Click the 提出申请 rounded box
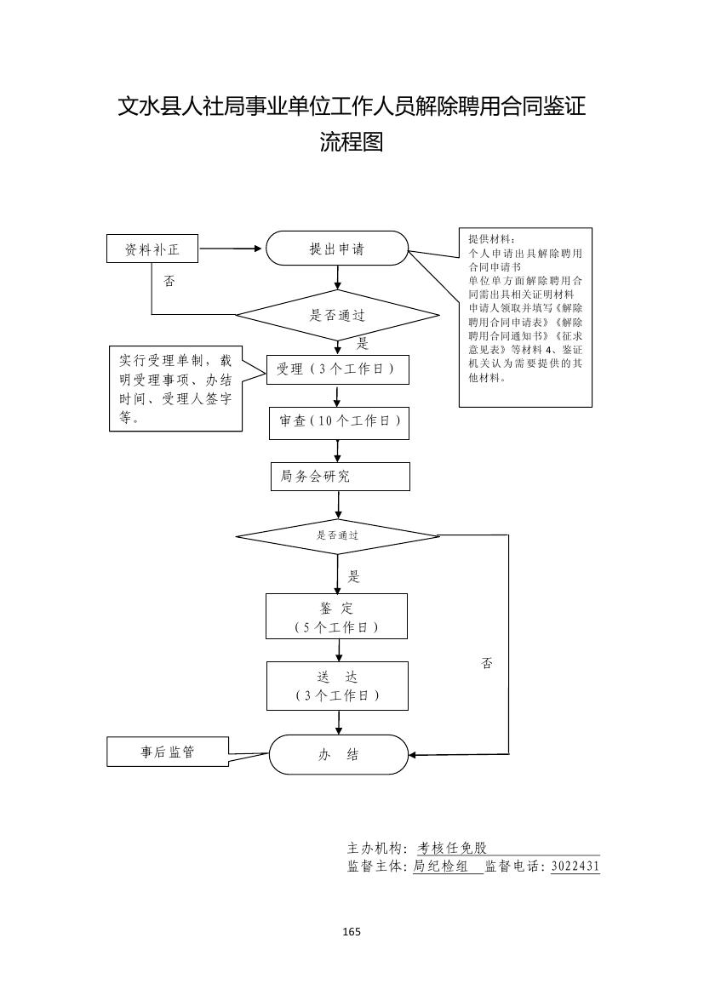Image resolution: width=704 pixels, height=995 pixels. [337, 249]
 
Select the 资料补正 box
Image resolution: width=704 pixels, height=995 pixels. [152, 249]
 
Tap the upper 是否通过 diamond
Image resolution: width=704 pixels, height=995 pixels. [337, 315]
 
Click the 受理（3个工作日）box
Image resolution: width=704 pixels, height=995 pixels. [338, 369]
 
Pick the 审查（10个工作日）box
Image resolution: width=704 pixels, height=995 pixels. [339, 422]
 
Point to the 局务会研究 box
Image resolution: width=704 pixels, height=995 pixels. [339, 477]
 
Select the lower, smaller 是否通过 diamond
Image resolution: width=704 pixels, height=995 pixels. [337, 536]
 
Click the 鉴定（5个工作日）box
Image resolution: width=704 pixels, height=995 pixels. [336, 616]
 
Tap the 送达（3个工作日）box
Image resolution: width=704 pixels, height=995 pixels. [337, 686]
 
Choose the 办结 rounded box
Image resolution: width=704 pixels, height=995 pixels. [339, 755]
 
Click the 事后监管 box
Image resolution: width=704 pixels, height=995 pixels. [168, 752]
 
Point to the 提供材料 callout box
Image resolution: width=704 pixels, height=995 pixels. [525, 317]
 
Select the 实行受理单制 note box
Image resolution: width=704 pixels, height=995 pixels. [175, 389]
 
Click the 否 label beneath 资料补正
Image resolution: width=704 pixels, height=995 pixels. [169, 281]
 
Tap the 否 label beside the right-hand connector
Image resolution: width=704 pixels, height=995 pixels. [487, 663]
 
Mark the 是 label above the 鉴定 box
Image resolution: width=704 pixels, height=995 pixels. [354, 576]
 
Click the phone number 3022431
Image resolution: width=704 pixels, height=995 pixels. [575, 866]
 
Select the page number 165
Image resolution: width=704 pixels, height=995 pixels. [352, 931]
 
